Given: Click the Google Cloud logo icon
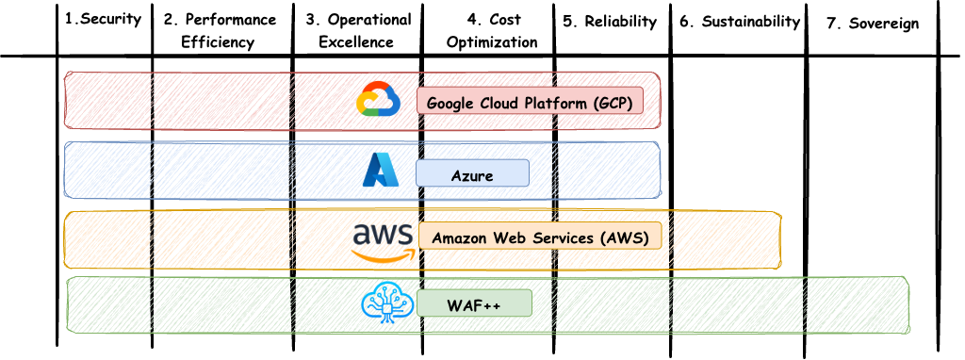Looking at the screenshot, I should point(379,100).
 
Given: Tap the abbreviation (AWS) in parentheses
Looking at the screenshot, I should point(624,237).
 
